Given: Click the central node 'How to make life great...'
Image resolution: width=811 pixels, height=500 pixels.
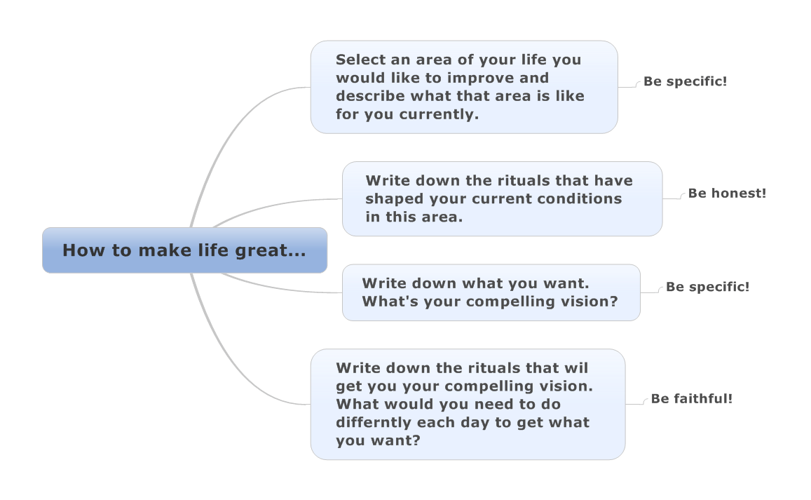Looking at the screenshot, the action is tap(184, 250).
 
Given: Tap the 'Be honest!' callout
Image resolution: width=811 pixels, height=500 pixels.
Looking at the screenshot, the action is tap(727, 194).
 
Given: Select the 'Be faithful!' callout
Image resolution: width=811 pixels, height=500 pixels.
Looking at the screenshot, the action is tap(692, 398).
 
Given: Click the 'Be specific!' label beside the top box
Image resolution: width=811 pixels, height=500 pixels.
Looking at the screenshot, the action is tap(685, 81).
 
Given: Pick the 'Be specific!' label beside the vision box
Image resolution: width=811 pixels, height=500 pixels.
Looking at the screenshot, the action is tap(707, 287).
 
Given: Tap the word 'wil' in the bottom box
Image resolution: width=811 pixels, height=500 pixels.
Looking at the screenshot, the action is tap(576, 368).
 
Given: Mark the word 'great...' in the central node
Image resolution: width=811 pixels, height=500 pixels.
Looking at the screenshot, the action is tap(271, 251).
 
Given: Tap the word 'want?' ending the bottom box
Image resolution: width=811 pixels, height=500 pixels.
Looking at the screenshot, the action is tap(397, 441).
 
